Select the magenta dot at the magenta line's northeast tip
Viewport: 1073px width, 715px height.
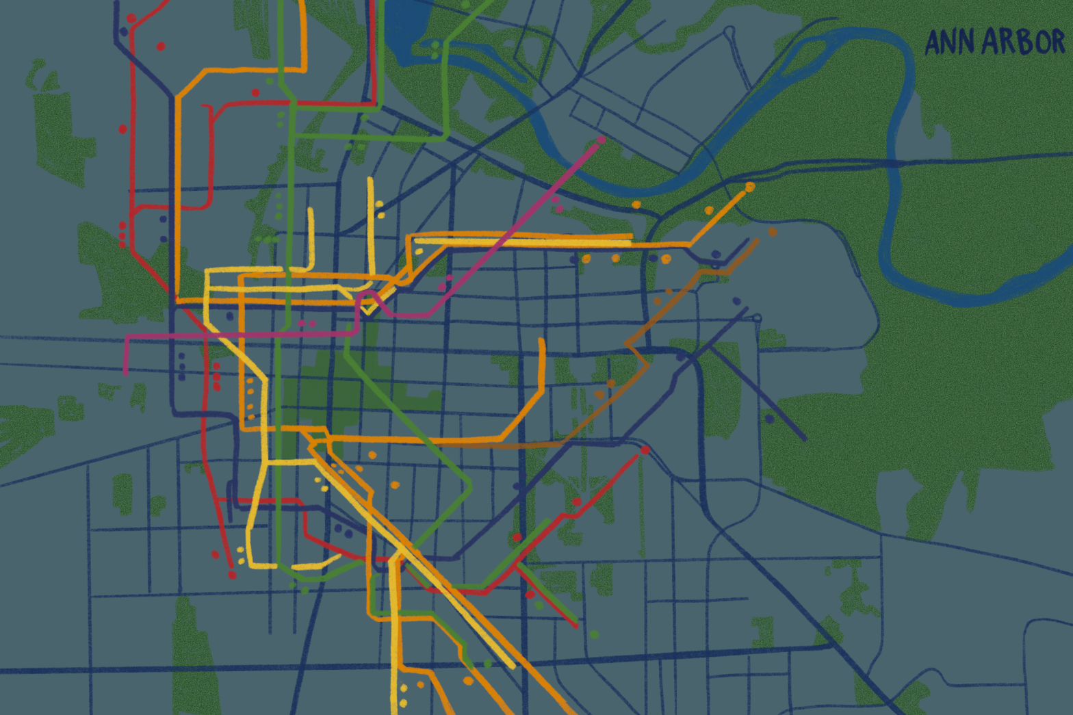[602, 140]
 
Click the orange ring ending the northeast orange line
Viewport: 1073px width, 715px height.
[750, 187]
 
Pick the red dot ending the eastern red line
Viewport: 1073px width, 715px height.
[645, 450]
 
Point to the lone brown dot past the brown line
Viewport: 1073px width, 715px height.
[773, 232]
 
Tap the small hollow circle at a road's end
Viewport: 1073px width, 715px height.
[757, 318]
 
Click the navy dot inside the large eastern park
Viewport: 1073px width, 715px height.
[770, 418]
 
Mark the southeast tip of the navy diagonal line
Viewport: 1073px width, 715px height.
[804, 438]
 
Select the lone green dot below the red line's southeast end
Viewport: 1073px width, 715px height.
[594, 635]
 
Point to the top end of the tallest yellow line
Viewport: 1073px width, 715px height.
[370, 180]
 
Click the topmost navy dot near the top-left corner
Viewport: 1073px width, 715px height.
[124, 31]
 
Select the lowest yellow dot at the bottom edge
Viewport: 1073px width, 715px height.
[403, 703]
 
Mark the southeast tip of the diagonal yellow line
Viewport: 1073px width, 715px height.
[513, 666]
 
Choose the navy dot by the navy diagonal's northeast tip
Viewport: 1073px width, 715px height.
[736, 301]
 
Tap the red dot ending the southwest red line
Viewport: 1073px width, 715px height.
[232, 575]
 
